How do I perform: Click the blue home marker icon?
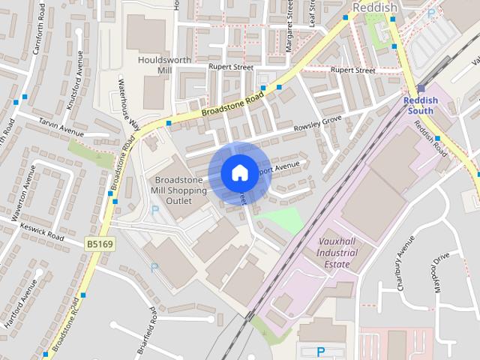tap(238, 172)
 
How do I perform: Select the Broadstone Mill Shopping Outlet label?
tap(180, 190)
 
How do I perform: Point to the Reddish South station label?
tap(421, 105)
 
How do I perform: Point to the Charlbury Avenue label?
tap(405, 263)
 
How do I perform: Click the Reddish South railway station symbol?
tap(421, 88)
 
